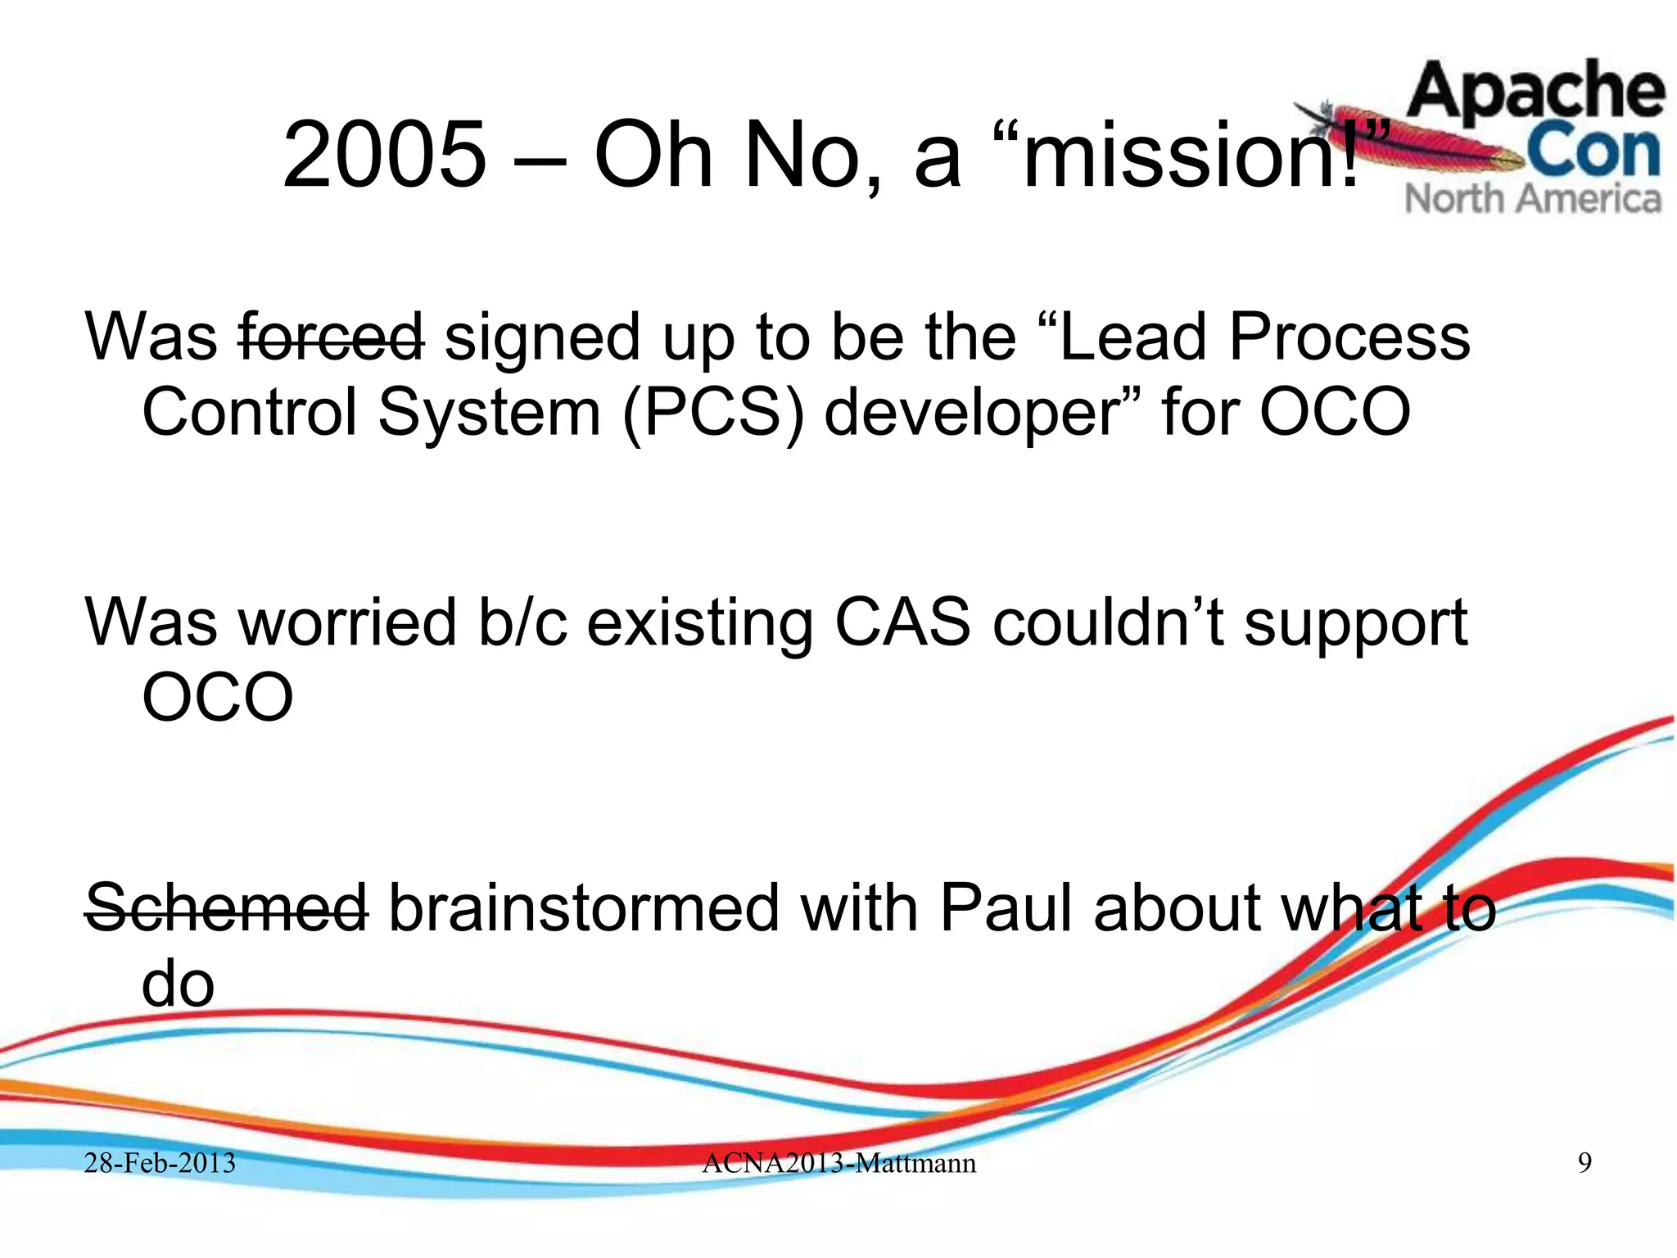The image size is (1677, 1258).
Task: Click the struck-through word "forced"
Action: pyautogui.click(x=331, y=337)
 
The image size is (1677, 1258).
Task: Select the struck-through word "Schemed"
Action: pyautogui.click(x=226, y=907)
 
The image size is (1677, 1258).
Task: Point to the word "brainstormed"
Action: pyautogui.click(x=582, y=907)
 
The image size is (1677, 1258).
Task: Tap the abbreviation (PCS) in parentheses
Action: pyautogui.click(x=712, y=412)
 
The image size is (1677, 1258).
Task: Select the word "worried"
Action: pyautogui.click(x=347, y=622)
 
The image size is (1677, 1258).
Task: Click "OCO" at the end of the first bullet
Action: pyautogui.click(x=1334, y=412)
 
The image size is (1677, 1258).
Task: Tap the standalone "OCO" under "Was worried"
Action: pyautogui.click(x=217, y=698)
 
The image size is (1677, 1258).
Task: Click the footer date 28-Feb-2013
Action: pyautogui.click(x=160, y=1163)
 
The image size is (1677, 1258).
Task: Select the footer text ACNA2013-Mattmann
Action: pyautogui.click(x=838, y=1163)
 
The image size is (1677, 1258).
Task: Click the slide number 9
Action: pyautogui.click(x=1584, y=1163)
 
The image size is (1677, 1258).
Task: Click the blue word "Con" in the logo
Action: pyautogui.click(x=1593, y=152)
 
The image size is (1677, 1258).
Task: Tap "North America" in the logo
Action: pyautogui.click(x=1533, y=199)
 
